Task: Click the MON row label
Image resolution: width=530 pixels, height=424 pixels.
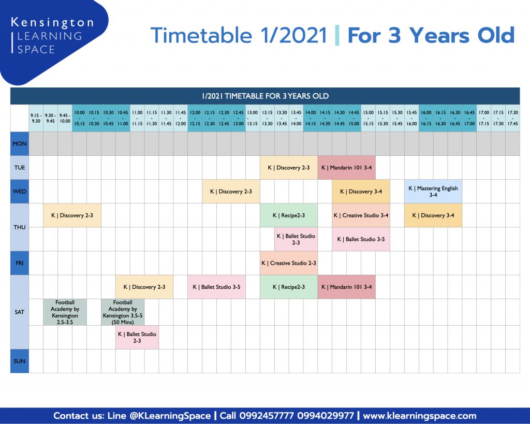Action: tap(20, 144)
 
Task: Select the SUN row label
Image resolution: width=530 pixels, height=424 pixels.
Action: tap(20, 361)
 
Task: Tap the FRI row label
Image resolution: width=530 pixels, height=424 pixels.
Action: tap(20, 263)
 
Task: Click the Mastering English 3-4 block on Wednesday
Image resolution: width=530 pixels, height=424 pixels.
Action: tap(433, 192)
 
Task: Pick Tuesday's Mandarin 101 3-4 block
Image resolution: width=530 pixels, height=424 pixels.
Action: tap(346, 167)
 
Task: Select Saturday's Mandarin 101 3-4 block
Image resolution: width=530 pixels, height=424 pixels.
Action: tap(346, 287)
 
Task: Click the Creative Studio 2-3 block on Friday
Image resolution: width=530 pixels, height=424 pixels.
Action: tap(289, 263)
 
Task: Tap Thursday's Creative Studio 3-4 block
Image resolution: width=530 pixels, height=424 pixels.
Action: tap(361, 215)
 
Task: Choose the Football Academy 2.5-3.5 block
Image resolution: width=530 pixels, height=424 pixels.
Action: tap(65, 312)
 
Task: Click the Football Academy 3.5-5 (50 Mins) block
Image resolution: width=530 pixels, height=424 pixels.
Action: tap(123, 312)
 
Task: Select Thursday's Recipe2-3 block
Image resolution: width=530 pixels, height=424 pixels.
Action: tap(289, 215)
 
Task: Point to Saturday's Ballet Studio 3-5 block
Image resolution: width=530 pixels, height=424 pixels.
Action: tap(216, 287)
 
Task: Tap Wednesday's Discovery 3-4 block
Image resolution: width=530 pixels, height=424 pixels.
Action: tap(361, 192)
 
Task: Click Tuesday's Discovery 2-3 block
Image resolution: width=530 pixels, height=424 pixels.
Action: tap(289, 167)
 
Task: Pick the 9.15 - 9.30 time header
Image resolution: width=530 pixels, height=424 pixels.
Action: tap(36, 118)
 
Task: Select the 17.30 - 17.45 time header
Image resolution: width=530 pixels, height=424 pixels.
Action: tap(513, 118)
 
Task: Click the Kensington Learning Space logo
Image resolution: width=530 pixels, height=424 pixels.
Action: tap(52, 36)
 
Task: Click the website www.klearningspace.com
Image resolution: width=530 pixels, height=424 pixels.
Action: tap(419, 416)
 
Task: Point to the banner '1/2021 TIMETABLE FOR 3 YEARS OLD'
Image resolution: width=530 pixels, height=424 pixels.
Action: tap(265, 96)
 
